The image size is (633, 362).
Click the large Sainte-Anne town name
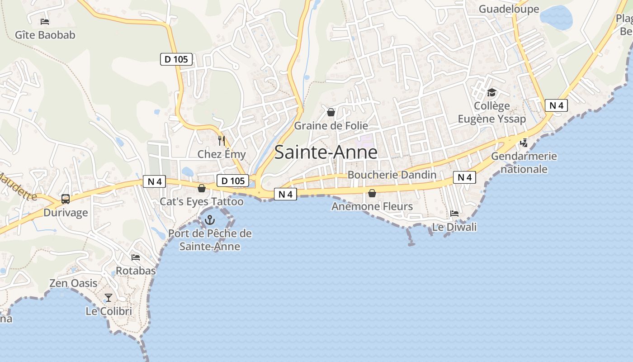(x=326, y=152)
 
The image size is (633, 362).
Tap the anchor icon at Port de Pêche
(x=209, y=220)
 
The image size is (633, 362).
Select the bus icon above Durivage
(x=66, y=199)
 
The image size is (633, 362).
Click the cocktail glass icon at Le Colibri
(x=109, y=297)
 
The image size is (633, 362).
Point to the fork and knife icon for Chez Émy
(x=222, y=141)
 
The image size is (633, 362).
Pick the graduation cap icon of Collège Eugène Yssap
(x=491, y=93)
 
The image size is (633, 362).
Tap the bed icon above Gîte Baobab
(x=44, y=21)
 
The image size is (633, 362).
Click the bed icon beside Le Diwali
(x=454, y=213)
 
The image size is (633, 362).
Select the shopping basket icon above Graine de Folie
(x=331, y=112)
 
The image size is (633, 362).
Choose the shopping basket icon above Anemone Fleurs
(x=372, y=193)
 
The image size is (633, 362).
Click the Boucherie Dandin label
(x=392, y=175)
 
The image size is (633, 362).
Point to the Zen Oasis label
(x=73, y=283)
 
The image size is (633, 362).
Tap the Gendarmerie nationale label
(x=524, y=162)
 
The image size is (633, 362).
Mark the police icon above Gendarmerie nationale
(x=524, y=143)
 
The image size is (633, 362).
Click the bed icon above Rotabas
(x=135, y=257)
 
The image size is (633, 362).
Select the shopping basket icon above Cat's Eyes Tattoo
(x=202, y=188)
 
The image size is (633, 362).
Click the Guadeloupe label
(x=509, y=9)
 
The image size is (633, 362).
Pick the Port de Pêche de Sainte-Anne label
(x=210, y=240)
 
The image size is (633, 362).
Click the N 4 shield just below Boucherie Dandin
(x=465, y=177)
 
